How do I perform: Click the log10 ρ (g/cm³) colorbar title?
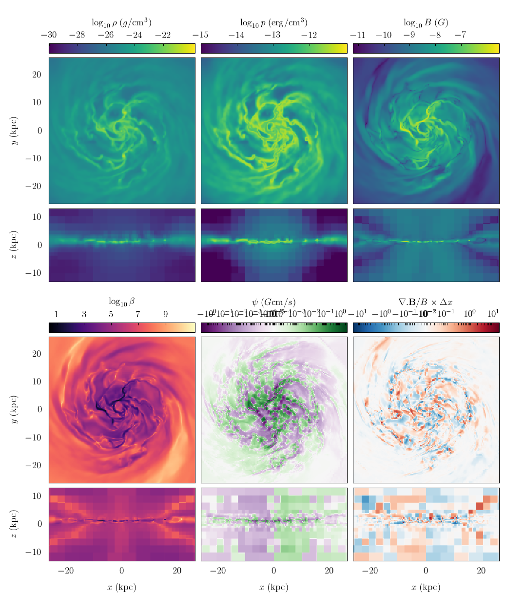[121, 22]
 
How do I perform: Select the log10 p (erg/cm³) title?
[273, 22]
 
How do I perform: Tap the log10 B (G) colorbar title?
[426, 22]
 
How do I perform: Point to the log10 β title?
[121, 302]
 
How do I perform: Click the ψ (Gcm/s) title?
[273, 302]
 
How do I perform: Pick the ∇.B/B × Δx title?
[426, 302]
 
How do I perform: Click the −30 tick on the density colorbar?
[49, 35]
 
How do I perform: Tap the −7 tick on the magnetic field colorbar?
[460, 35]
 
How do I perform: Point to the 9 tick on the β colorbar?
[165, 314]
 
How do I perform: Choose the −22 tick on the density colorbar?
[163, 35]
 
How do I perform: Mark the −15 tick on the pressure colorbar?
[201, 35]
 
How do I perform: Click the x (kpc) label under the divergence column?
[426, 587]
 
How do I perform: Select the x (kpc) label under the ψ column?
[273, 587]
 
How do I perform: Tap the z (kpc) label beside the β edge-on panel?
[14, 524]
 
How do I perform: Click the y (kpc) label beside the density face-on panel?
[14, 131]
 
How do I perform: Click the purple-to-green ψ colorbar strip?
[273, 327]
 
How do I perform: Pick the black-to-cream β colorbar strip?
[121, 327]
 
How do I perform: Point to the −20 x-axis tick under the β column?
[66, 571]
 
